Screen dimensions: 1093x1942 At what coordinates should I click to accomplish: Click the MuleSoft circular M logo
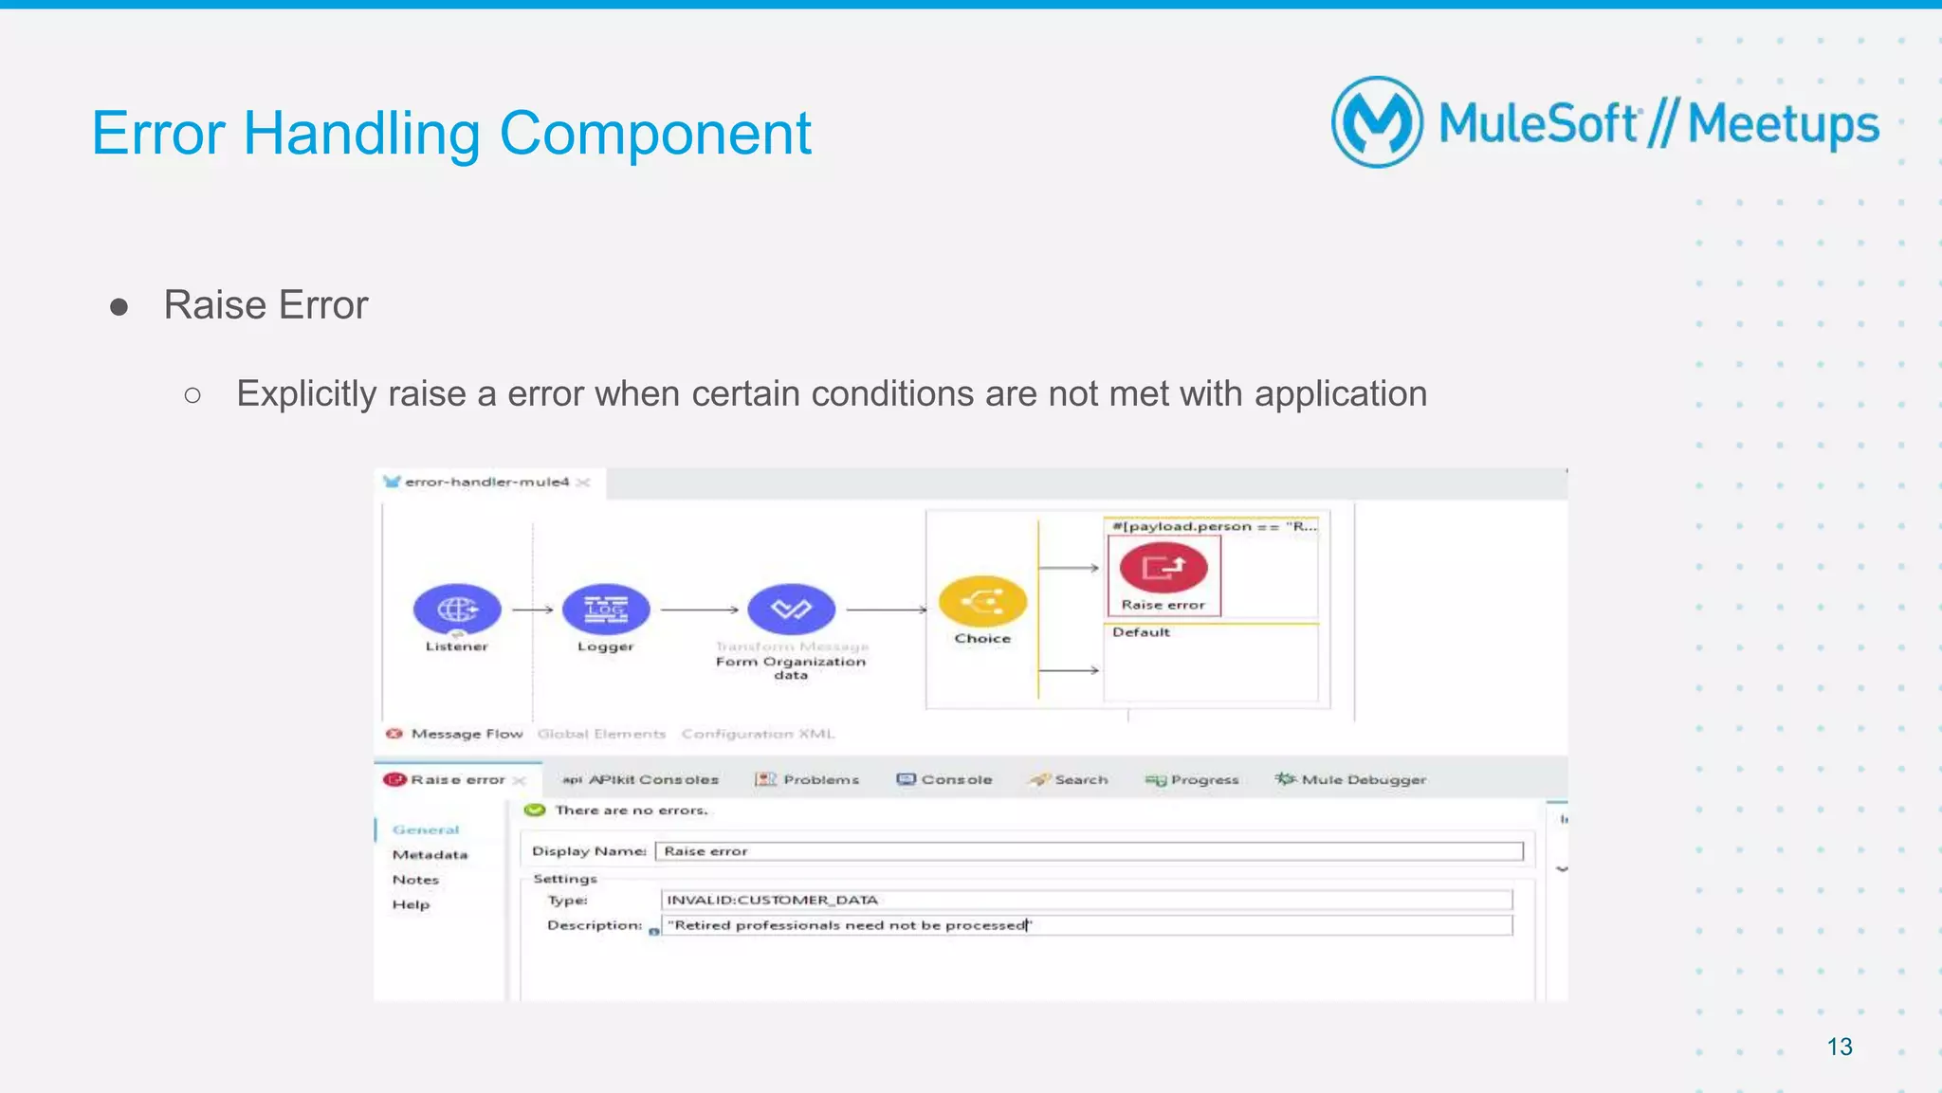pyautogui.click(x=1377, y=122)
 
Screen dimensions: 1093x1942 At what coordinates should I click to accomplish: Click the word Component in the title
pyautogui.click(x=654, y=134)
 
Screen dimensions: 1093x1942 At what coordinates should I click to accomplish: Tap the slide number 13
pyautogui.click(x=1839, y=1047)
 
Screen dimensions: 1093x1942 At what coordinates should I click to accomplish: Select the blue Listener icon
pyautogui.click(x=457, y=609)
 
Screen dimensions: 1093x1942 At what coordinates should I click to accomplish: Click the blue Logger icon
pyautogui.click(x=606, y=609)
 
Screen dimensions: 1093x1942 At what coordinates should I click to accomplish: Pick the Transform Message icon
pyautogui.click(x=791, y=609)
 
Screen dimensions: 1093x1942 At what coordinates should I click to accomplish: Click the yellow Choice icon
pyautogui.click(x=982, y=601)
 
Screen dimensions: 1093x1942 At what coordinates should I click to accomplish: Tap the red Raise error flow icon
pyautogui.click(x=1163, y=568)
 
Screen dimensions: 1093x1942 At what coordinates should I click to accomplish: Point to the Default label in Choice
pyautogui.click(x=1141, y=632)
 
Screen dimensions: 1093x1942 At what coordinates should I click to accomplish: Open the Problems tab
pyautogui.click(x=808, y=779)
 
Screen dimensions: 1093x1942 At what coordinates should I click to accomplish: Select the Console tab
pyautogui.click(x=944, y=779)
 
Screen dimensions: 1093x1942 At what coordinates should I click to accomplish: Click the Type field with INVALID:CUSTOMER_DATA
pyautogui.click(x=1086, y=900)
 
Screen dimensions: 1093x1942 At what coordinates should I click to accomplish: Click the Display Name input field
pyautogui.click(x=1089, y=851)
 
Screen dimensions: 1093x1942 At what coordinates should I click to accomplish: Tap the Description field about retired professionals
pyautogui.click(x=1086, y=925)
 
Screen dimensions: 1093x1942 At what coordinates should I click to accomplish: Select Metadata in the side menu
pyautogui.click(x=430, y=855)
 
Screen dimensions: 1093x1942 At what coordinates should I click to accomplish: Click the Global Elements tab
pyautogui.click(x=601, y=734)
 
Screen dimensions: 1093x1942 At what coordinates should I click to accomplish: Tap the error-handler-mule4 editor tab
pyautogui.click(x=485, y=482)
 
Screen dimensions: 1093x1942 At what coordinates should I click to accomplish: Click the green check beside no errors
pyautogui.click(x=535, y=811)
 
